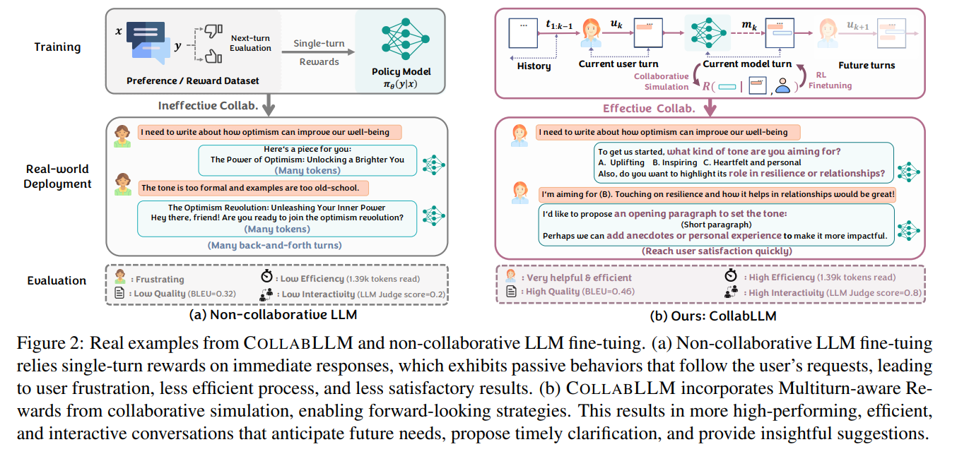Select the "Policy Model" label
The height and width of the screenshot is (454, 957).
click(401, 71)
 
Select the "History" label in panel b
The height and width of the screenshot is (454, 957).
click(534, 66)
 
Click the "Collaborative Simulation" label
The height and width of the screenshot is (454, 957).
click(661, 81)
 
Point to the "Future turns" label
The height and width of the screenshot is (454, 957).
click(866, 65)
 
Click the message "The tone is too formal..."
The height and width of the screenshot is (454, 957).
click(250, 188)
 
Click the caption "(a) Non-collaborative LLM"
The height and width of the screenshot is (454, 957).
click(278, 315)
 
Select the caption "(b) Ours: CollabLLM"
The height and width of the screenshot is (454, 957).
click(710, 315)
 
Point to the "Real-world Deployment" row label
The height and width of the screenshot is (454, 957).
click(58, 177)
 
